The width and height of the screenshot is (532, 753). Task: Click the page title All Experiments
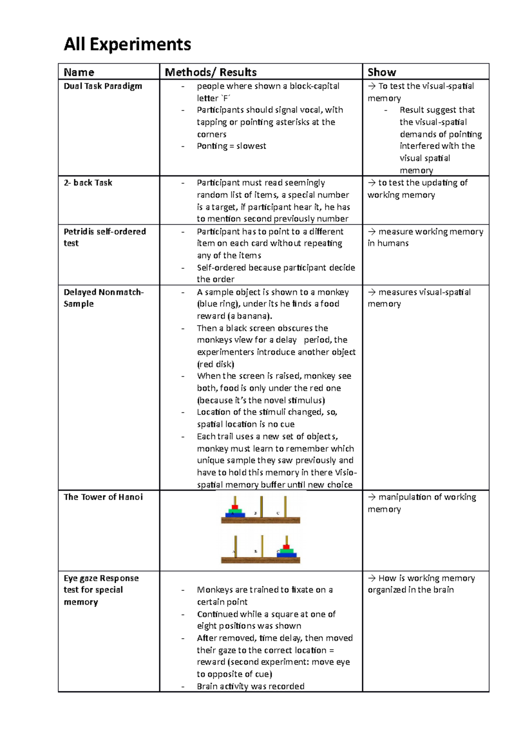pyautogui.click(x=127, y=45)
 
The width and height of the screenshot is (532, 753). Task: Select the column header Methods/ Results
pyautogui.click(x=211, y=72)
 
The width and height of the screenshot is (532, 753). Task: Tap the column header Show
pyautogui.click(x=382, y=72)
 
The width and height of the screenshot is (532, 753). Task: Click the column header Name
pyautogui.click(x=79, y=72)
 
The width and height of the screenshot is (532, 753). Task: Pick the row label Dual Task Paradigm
pyautogui.click(x=103, y=86)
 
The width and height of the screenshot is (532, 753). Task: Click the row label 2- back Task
pyautogui.click(x=88, y=183)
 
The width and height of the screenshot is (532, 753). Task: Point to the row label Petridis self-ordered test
pyautogui.click(x=105, y=237)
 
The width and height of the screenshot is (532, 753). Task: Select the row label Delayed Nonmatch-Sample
pyautogui.click(x=103, y=298)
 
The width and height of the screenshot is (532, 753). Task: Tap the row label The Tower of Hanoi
pyautogui.click(x=103, y=497)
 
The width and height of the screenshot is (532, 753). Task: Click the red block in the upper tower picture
pyautogui.click(x=235, y=507)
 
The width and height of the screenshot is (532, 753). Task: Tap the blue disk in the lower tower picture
pyautogui.click(x=287, y=554)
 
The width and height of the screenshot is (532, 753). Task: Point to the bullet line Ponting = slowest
pyautogui.click(x=231, y=146)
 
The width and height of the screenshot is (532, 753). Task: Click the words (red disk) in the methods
pyautogui.click(x=215, y=364)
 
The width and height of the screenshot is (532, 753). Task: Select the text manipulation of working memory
pyautogui.click(x=422, y=503)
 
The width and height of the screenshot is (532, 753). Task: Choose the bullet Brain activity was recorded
pyautogui.click(x=250, y=686)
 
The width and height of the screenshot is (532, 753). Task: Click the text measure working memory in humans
pyautogui.click(x=425, y=237)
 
